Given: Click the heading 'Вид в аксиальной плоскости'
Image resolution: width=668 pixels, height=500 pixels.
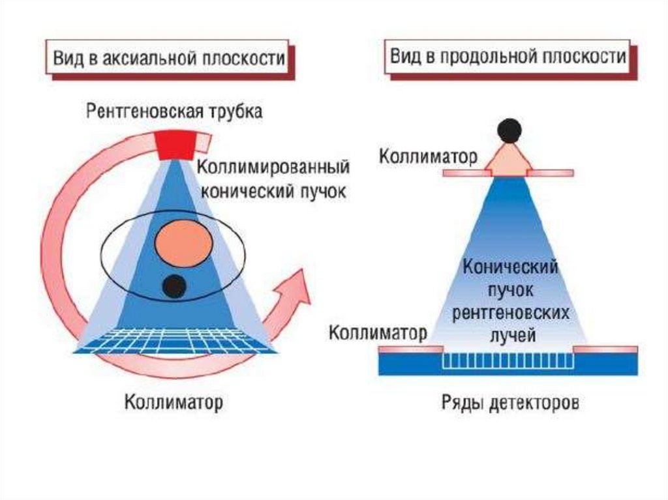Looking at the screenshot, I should pos(168,58).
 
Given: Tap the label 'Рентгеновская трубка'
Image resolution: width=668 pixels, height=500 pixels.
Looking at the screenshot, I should pos(175,111).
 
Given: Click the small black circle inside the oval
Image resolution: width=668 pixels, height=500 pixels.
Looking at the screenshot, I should pos(174,286).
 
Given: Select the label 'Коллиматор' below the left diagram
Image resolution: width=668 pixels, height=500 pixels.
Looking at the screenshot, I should pos(174,402).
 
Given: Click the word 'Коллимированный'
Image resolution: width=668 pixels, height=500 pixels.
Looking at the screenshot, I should pos(273,168).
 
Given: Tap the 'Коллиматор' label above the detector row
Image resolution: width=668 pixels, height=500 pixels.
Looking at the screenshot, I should pos(377,333).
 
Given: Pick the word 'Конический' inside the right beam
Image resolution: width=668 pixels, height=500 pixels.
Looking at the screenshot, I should pos(510,267).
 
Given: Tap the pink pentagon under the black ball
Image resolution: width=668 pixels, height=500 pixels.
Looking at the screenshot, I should pos(509,161).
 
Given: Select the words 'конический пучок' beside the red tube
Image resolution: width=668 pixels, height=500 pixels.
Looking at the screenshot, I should pos(273,191).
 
